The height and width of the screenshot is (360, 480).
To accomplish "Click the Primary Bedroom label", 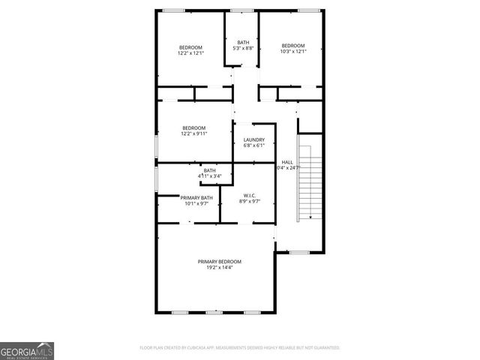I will point(220,262).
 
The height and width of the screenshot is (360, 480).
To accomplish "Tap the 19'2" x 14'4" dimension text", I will point(220,268).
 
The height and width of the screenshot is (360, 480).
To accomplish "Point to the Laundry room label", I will point(253,139).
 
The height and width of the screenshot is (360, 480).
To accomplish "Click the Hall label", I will point(287,162).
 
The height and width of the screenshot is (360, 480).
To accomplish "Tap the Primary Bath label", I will point(196,197).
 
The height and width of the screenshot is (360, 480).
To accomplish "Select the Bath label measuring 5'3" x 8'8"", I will point(243,42).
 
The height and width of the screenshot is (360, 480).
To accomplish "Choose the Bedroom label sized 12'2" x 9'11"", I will point(193,128).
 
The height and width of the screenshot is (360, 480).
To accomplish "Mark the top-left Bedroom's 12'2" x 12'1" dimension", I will point(190,53).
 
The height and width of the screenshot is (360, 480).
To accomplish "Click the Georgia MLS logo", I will point(27,351).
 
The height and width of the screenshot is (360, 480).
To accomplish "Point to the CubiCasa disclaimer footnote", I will point(240,348).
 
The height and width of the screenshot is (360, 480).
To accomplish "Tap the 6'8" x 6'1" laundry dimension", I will point(253,145).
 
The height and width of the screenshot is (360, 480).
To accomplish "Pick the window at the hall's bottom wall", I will point(299,253).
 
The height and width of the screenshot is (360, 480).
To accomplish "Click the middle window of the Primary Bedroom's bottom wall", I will point(214,312).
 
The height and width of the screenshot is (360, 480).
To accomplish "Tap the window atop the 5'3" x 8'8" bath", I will point(242,10).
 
